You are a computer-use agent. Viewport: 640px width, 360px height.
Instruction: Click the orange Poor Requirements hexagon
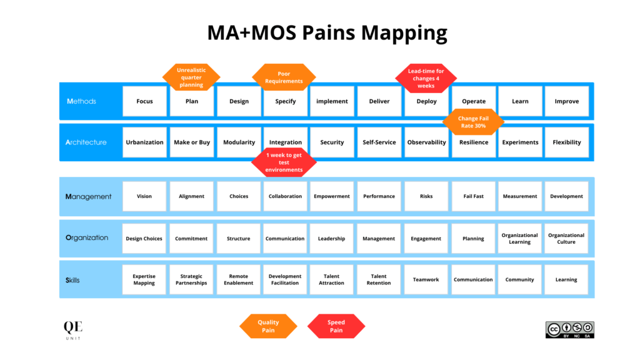click(284, 77)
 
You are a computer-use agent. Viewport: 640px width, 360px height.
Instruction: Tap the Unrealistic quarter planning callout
click(191, 77)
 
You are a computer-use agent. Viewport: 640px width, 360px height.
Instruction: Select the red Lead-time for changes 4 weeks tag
click(426, 78)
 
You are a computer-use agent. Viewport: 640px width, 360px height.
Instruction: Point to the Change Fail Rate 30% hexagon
click(473, 122)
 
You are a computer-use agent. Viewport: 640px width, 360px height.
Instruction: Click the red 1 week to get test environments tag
click(284, 162)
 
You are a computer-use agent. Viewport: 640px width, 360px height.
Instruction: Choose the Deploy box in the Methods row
click(426, 101)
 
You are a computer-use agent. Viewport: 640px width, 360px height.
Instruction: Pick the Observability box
click(426, 142)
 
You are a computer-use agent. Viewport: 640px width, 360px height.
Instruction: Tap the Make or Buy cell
click(192, 142)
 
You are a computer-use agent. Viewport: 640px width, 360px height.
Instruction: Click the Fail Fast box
click(473, 196)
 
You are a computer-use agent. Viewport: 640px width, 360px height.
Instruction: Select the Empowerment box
click(332, 196)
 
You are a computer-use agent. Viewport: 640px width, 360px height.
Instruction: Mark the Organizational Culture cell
click(566, 238)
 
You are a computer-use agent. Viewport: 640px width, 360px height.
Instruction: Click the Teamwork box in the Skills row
click(426, 279)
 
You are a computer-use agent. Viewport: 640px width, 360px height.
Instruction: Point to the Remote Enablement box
click(239, 279)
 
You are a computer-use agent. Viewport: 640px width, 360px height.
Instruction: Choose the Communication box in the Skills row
click(473, 279)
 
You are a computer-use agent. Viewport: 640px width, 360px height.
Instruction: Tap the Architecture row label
click(86, 142)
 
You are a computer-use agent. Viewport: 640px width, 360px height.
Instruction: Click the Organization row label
click(87, 238)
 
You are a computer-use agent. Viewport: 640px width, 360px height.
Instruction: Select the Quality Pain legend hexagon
click(268, 326)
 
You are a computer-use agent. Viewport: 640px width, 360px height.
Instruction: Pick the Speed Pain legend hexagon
click(336, 326)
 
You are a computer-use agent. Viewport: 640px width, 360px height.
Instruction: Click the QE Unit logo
click(72, 329)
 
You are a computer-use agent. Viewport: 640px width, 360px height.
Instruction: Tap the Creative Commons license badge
click(569, 330)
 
